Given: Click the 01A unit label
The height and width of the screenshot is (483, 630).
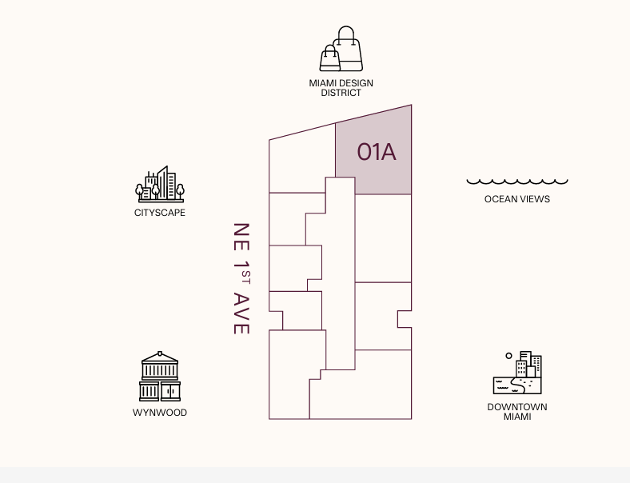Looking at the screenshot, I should pos(377,152).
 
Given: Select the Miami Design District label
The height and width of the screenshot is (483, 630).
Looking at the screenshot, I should pos(341,88).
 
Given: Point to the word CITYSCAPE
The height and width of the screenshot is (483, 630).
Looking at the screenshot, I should pos(160,213).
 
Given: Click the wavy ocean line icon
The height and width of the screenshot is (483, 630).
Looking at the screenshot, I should pos(517,182).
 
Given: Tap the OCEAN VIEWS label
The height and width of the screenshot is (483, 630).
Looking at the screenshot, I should pos(517,199).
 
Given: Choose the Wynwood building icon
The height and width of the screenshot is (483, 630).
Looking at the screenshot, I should pos(160,377).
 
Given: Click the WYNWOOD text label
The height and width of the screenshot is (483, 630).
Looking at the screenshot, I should pos(160,413).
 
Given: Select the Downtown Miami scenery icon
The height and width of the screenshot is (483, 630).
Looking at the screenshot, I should pos(517,373).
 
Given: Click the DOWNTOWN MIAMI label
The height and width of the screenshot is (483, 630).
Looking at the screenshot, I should pos(517,412).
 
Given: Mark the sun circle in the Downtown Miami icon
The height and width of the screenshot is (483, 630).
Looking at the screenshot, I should pos(508,355).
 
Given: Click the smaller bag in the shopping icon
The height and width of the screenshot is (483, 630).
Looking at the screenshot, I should pos(330,58).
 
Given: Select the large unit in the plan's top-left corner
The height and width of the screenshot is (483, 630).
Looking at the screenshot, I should pos(301,164).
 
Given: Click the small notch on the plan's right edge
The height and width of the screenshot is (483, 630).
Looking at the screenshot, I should pos(404,319).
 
